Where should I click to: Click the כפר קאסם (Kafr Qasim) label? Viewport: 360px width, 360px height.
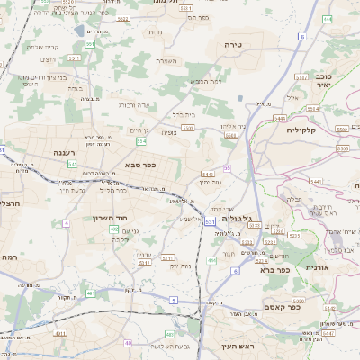click(281, 307)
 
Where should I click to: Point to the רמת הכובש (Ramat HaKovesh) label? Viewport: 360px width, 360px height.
click(205, 82)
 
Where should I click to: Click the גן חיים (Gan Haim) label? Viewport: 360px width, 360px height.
click(137, 131)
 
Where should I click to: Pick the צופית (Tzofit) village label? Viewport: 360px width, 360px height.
click(169, 132)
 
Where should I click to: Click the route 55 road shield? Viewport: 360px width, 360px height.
click(227, 168)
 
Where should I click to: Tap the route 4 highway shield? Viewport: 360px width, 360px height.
click(66, 222)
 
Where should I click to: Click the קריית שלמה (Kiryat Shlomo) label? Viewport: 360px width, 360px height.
click(42, 47)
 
